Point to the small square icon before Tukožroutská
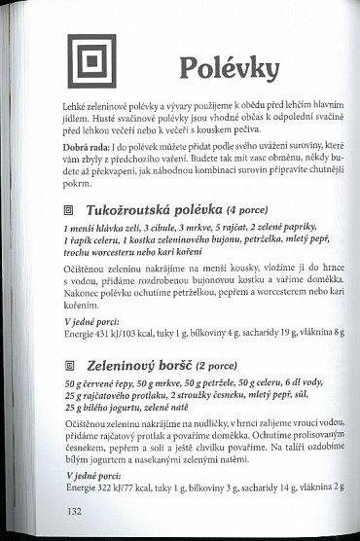pos(68,209)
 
